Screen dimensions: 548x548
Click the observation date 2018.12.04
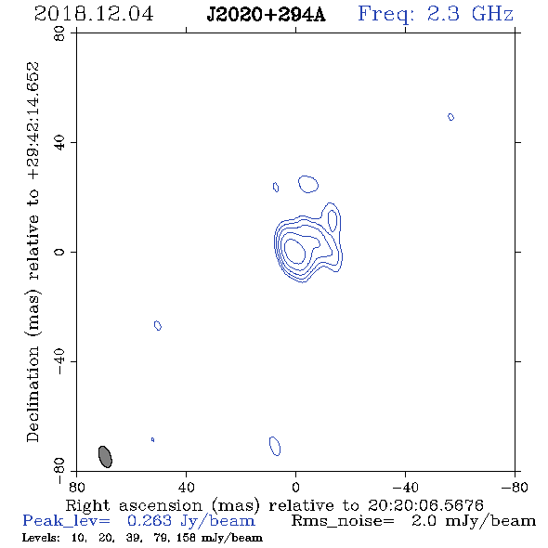[94, 14]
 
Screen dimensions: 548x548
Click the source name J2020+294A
[266, 15]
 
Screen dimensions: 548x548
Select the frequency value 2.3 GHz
[470, 14]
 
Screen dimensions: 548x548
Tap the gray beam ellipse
[105, 456]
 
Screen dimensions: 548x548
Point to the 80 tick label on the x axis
[76, 487]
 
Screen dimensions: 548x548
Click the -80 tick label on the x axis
[514, 487]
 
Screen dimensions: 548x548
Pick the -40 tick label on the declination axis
[59, 361]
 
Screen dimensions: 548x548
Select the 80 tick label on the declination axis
[59, 33]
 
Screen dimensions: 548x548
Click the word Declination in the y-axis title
[33, 394]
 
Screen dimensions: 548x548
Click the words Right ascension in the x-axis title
[134, 505]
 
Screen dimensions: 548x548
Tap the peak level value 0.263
[150, 521]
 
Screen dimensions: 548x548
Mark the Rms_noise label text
[343, 521]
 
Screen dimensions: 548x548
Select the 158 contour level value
[186, 538]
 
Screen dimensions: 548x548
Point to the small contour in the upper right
[450, 117]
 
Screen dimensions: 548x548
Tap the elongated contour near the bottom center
[275, 446]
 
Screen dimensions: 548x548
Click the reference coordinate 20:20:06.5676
[425, 505]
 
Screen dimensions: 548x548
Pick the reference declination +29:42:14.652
[33, 121]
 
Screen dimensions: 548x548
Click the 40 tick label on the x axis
[186, 487]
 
